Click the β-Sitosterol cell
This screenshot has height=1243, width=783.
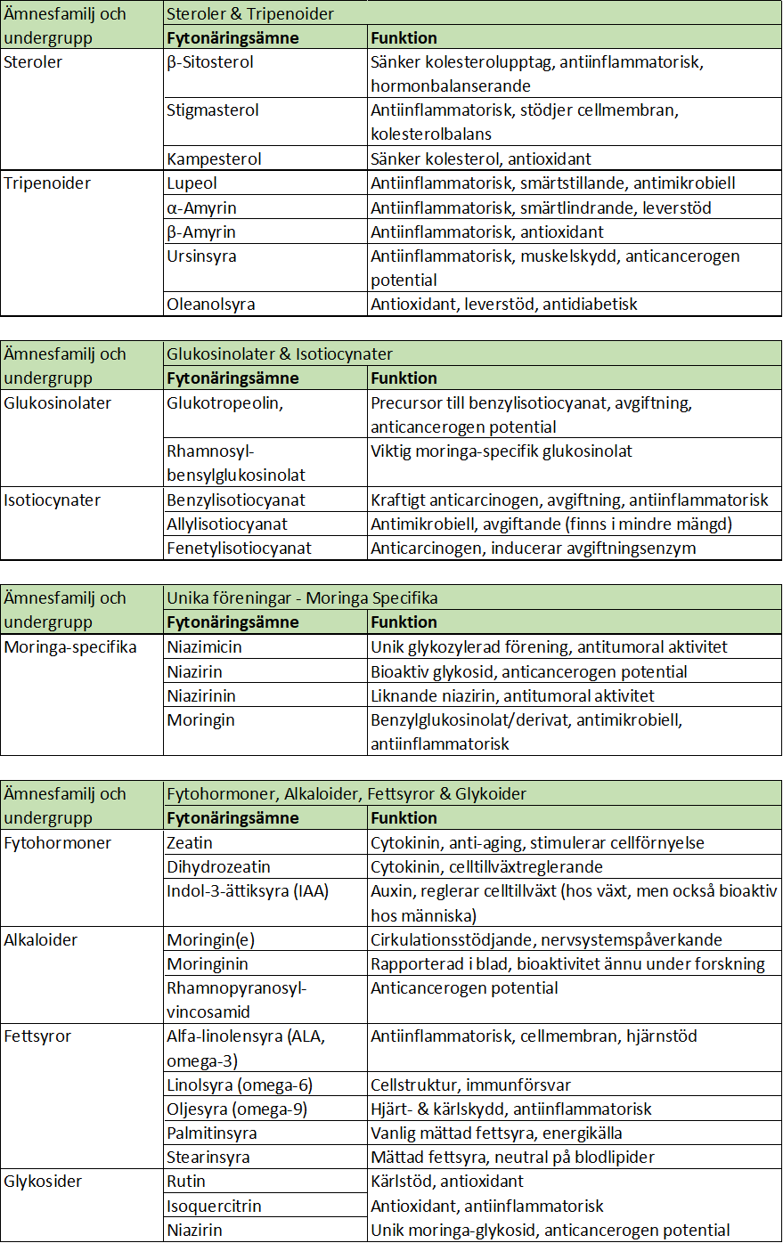click(210, 62)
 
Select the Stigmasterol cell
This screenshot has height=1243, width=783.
click(213, 110)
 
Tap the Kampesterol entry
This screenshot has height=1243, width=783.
click(214, 159)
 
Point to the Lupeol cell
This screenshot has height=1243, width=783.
click(192, 183)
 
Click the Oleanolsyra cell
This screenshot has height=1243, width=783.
click(210, 305)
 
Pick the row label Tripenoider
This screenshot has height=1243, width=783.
click(47, 183)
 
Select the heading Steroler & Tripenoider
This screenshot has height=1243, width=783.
click(250, 13)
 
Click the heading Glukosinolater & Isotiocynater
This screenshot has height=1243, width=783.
click(280, 353)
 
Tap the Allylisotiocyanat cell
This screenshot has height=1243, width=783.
click(227, 524)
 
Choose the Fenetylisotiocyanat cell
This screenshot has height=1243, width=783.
click(239, 548)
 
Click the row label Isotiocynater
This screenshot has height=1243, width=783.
click(52, 500)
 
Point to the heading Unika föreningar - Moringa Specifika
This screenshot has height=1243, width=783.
click(302, 597)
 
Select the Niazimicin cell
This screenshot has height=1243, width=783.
click(204, 647)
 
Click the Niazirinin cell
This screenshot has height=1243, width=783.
click(201, 695)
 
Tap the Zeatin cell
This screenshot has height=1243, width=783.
click(190, 842)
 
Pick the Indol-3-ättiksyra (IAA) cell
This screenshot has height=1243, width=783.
click(248, 890)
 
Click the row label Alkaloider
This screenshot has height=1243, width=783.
click(41, 939)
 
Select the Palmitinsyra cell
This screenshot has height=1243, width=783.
click(212, 1133)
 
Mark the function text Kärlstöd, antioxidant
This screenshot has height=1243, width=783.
click(447, 1182)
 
